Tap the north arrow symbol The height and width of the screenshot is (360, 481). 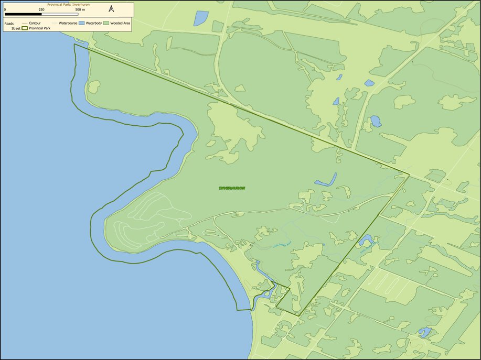point(111,9)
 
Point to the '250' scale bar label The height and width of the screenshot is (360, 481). point(41,10)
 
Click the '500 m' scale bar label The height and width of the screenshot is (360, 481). point(80,10)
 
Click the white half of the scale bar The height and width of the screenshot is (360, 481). point(60,14)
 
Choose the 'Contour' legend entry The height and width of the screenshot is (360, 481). point(35,23)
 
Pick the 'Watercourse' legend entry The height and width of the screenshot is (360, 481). point(68,23)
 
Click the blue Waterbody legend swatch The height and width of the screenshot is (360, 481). point(82,23)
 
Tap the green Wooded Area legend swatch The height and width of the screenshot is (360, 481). point(106,23)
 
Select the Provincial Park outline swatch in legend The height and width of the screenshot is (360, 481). point(25,28)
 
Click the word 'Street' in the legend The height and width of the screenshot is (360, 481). point(16,28)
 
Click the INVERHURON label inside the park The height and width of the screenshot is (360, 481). point(232,188)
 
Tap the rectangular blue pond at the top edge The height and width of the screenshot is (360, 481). point(201,18)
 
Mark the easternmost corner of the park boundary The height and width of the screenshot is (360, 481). point(409,174)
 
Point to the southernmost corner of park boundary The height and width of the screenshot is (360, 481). point(298,315)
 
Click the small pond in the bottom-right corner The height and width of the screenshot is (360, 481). point(424,332)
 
